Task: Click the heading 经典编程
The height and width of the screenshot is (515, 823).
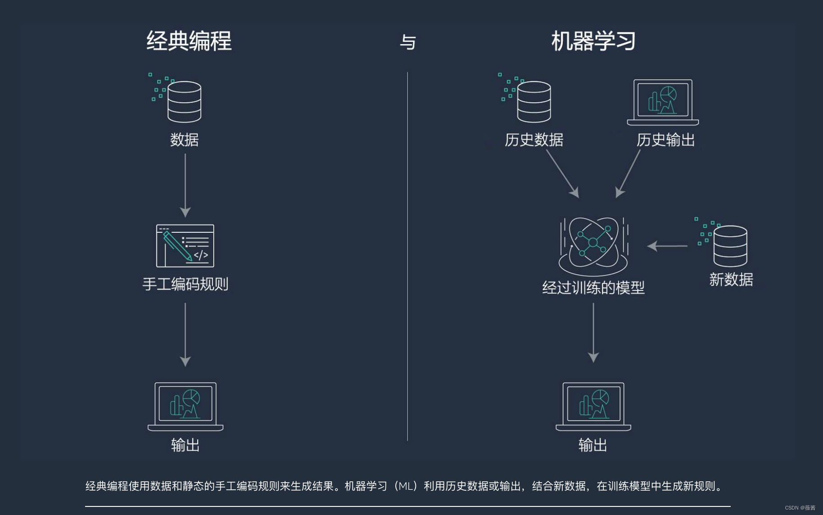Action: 189,41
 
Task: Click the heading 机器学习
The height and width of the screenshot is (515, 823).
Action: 593,41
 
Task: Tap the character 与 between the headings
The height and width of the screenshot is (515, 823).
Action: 408,42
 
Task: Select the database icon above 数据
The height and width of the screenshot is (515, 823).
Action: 184,101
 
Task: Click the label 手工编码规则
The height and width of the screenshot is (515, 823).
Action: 185,284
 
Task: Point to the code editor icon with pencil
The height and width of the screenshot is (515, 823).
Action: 185,246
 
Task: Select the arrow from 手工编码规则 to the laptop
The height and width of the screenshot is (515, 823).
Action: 185,334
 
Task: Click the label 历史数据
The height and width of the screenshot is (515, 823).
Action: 534,140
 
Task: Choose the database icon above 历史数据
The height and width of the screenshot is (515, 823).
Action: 534,101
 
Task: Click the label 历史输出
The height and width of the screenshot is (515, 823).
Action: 665,140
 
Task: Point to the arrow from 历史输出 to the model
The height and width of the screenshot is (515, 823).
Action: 628,173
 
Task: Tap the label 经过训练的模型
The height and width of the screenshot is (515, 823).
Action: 593,288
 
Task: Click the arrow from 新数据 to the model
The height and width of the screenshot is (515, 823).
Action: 667,246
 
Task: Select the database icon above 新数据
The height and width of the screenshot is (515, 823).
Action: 730,246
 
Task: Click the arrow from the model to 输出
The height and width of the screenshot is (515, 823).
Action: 593,332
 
